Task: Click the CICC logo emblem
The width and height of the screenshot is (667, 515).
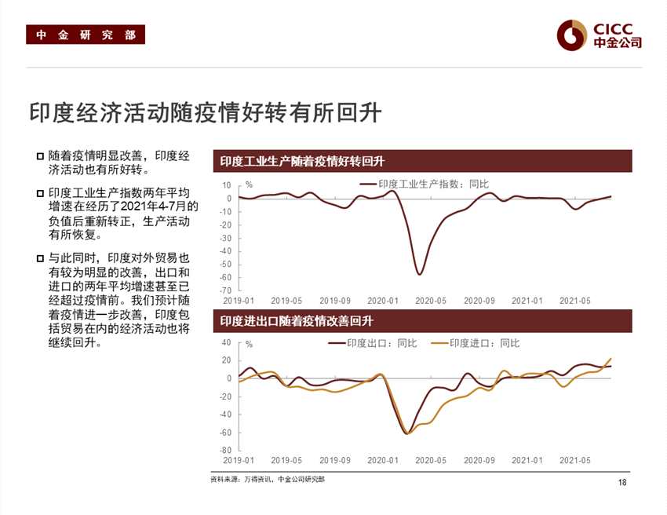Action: (x=572, y=34)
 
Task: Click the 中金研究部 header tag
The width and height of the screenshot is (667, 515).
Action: (x=86, y=35)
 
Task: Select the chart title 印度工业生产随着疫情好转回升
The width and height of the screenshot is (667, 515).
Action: (x=302, y=162)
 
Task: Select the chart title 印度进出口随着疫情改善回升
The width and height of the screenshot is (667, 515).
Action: (x=296, y=321)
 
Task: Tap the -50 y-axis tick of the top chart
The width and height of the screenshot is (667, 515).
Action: (x=226, y=265)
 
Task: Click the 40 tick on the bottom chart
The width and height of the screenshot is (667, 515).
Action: (x=227, y=342)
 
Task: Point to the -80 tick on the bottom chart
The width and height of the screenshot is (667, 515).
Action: (x=226, y=450)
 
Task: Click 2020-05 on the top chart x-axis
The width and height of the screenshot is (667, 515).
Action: (x=430, y=301)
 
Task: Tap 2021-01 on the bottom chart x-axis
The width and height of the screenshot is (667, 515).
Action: (x=527, y=460)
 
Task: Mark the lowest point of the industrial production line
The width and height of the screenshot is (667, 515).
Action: (x=420, y=274)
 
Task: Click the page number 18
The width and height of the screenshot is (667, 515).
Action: (x=622, y=482)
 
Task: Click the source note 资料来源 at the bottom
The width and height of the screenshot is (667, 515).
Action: (x=268, y=479)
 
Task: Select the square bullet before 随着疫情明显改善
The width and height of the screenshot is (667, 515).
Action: (x=39, y=156)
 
